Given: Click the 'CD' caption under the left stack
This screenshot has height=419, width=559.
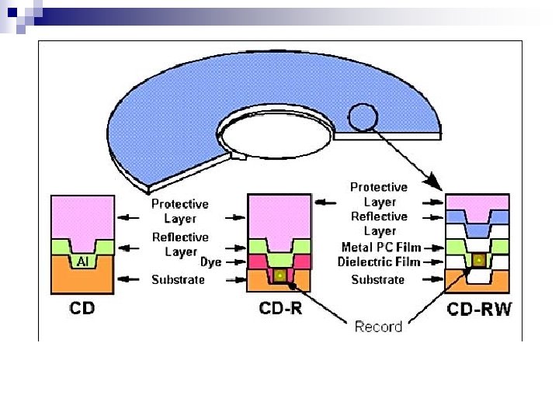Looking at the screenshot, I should [83, 308].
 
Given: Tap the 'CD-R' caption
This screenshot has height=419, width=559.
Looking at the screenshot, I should [280, 308].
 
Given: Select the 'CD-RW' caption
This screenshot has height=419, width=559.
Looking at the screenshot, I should [479, 310].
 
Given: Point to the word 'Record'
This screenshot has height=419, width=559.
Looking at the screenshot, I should [378, 327].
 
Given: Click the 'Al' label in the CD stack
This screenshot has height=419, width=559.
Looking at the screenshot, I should [83, 262].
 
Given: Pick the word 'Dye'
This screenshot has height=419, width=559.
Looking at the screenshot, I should [210, 262].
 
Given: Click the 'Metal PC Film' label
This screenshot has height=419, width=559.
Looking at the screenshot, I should [381, 248].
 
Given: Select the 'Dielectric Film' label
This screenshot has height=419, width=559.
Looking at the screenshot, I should [379, 262].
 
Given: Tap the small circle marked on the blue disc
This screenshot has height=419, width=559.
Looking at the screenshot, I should [363, 117].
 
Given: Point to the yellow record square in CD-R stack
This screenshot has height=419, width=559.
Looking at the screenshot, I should [279, 275].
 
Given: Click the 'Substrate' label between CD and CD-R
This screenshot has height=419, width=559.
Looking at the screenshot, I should [178, 279].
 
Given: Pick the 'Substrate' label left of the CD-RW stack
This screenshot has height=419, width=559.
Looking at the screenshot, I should [378, 279].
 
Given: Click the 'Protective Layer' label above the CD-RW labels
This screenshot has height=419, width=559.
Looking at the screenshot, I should [379, 194].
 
